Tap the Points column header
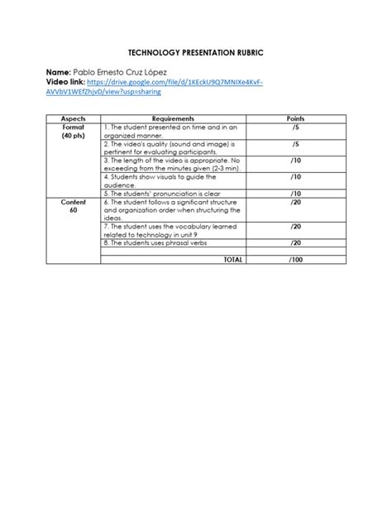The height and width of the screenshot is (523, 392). pyautogui.click(x=295, y=119)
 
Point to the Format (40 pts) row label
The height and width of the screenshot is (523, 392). pyautogui.click(x=73, y=132)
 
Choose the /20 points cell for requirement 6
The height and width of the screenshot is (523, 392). pyautogui.click(x=295, y=202)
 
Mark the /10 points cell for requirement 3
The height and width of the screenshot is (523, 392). pyautogui.click(x=295, y=161)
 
